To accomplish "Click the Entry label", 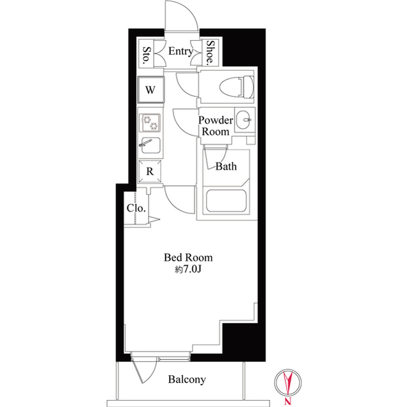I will coord(180,52).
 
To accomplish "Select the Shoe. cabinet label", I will coord(210,53).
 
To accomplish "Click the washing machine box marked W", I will coord(150,89).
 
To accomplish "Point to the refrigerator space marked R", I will coord(150,171).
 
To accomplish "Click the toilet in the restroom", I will coord(226,87).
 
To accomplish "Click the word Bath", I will coord(226,167).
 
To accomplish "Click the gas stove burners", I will coord(150,121).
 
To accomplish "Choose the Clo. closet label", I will coord(136,208).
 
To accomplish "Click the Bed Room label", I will coord(188,258).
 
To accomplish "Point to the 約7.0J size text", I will coord(188,270).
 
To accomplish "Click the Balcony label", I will coord(187,380).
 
